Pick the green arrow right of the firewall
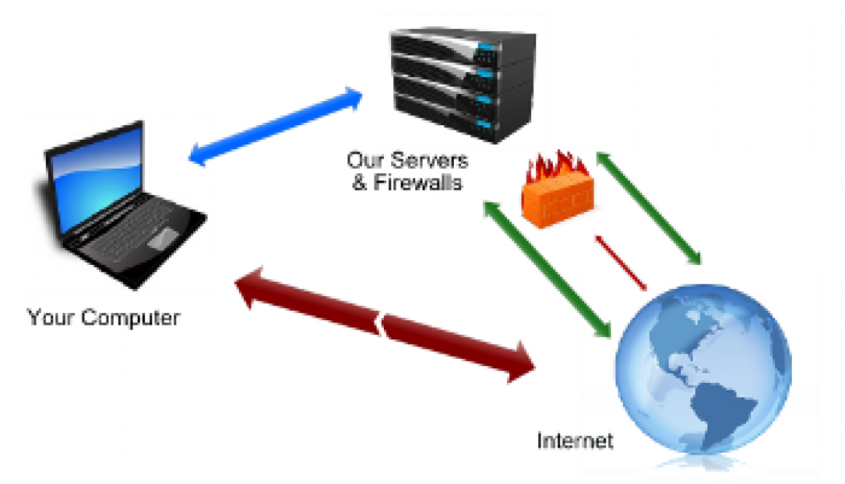coord(648,207)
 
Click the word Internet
coord(575,441)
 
